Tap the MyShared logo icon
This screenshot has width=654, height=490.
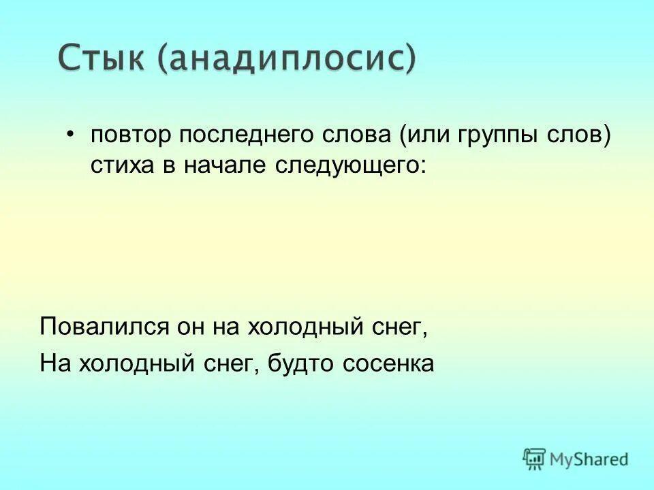pos(535,459)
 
